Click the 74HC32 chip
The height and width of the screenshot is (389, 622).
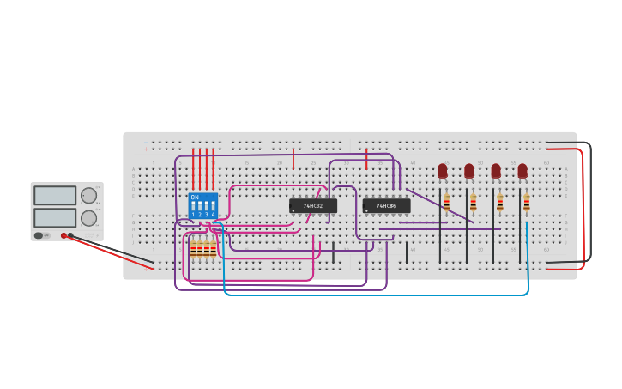[312, 206]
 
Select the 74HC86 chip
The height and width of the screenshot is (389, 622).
[386, 206]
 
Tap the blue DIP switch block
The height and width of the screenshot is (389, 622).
[202, 206]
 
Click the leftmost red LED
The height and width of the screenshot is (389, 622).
[443, 171]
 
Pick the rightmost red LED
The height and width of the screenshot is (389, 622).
[522, 171]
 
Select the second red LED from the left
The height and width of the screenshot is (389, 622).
[469, 171]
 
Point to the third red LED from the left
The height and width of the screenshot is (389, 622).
[496, 171]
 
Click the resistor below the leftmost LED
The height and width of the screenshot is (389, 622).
[446, 203]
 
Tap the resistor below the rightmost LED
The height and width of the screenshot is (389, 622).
[527, 203]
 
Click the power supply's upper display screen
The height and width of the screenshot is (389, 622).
[55, 196]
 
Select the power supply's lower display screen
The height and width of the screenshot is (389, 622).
[55, 217]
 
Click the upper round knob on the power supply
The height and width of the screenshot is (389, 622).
[88, 196]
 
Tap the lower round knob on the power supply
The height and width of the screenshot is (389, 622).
[88, 218]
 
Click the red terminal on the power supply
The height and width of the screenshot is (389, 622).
[63, 235]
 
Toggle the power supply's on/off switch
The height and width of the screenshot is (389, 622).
[39, 235]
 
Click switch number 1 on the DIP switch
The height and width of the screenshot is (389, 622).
[194, 207]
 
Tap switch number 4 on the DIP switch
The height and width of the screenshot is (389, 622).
[213, 207]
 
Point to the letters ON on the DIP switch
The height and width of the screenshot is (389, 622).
[195, 198]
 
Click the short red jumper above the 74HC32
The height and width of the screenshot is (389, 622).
[293, 159]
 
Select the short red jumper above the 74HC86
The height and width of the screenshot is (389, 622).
[366, 159]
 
